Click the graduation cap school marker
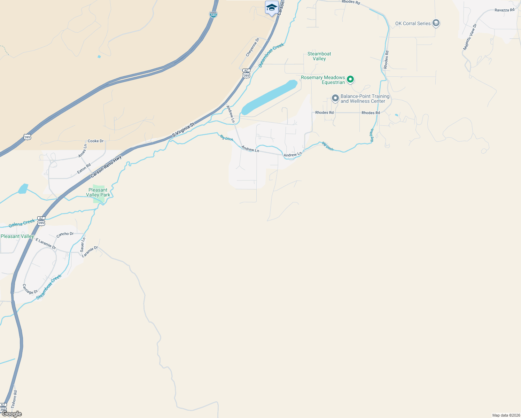[x=271, y=7]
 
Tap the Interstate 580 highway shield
[x=213, y=14]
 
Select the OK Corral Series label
[x=413, y=23]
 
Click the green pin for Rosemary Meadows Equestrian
[x=350, y=79]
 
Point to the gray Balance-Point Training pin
[x=335, y=98]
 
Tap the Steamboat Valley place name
[x=319, y=56]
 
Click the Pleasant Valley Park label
[x=98, y=192]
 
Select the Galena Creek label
[x=22, y=223]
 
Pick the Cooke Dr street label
[x=95, y=141]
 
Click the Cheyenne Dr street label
[x=253, y=47]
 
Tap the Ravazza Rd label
[x=504, y=10]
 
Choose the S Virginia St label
[x=183, y=129]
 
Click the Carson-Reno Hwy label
[x=106, y=166]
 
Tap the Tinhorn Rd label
[x=14, y=399]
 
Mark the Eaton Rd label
[x=84, y=169]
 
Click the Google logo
[x=11, y=414]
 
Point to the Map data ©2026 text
[x=506, y=415]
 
